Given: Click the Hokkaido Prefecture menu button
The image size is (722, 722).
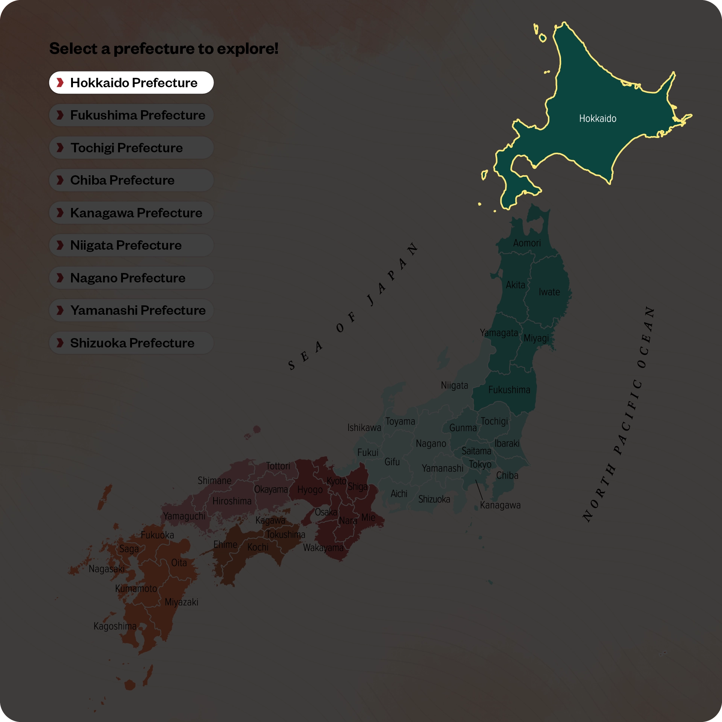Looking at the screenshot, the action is [131, 83].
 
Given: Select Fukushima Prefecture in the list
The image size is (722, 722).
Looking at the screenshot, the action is [131, 115].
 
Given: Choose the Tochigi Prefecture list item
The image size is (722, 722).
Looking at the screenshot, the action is [131, 148].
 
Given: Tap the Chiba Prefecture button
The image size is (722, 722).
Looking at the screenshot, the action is [131, 180].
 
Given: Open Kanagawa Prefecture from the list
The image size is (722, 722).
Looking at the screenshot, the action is [131, 213].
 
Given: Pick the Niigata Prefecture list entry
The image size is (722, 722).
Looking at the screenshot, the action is [131, 245].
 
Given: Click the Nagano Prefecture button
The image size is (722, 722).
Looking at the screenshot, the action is [131, 278].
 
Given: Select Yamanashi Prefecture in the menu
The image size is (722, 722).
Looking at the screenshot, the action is [131, 310].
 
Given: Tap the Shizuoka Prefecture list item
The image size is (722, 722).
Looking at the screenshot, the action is [131, 343].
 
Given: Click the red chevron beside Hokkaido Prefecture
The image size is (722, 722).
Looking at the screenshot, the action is [60, 83].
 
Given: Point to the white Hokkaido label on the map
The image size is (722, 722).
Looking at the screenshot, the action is [598, 119].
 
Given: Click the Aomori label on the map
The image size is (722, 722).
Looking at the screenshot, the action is [527, 243].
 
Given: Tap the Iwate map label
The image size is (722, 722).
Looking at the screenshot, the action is [549, 292].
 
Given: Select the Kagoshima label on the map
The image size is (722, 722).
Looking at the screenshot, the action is [115, 626].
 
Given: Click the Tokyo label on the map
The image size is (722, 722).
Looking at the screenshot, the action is [480, 464].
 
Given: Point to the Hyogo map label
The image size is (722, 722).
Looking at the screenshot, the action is [310, 490].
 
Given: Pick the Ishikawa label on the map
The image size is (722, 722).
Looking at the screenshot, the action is [364, 428].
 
